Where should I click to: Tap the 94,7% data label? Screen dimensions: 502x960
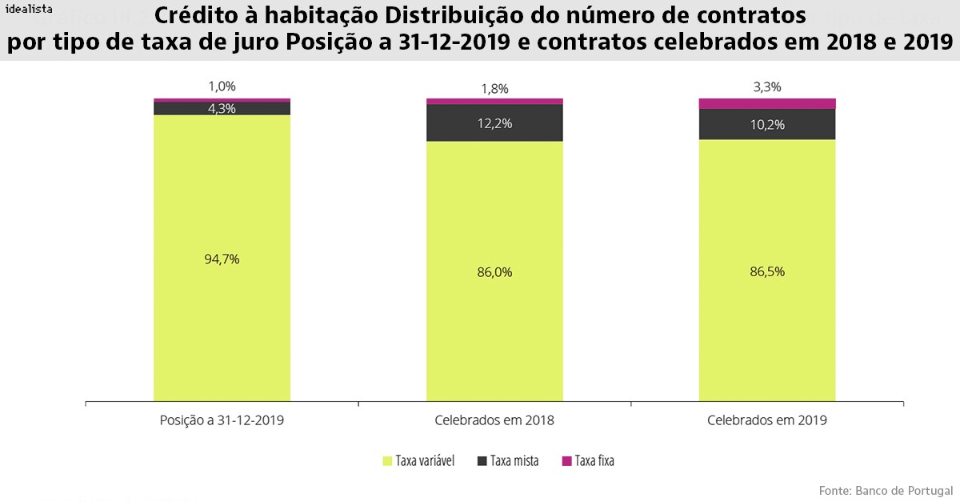pos(222,259)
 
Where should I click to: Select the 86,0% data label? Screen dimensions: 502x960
pos(494,271)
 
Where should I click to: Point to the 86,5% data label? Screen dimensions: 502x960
pos(767,271)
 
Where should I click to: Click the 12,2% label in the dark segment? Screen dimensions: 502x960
pos(494,123)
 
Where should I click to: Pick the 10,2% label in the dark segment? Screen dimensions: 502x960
pos(767,124)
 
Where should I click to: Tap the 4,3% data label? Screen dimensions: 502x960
pos(222,108)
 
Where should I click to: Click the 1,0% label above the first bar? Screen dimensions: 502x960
pos(222,86)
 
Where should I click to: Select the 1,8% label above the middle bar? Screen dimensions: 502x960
pos(494,88)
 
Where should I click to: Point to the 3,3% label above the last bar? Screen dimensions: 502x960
pos(767,87)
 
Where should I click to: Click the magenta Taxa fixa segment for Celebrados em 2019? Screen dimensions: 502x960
pos(767,103)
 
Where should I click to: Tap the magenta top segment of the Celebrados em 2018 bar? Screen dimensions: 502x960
pos(494,102)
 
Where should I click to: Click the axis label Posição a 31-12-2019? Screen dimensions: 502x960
pos(222,420)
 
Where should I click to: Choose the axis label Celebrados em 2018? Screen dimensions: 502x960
pos(494,420)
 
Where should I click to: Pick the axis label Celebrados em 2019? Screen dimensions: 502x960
pos(767,420)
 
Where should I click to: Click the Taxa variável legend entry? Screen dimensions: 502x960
pos(419,461)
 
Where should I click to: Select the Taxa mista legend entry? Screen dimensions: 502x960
pos(508,461)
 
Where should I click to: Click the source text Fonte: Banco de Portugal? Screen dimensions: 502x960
pos(886,489)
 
